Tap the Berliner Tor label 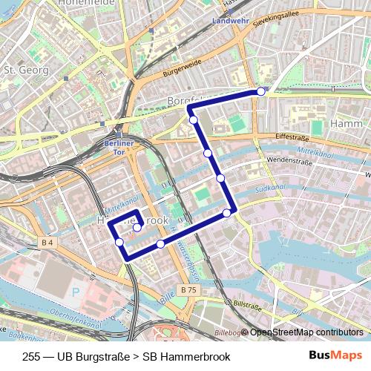[x=118, y=145]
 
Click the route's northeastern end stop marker [x=261, y=91]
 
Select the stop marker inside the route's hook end [x=137, y=227]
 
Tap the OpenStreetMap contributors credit [x=306, y=332]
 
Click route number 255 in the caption [x=31, y=356]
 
